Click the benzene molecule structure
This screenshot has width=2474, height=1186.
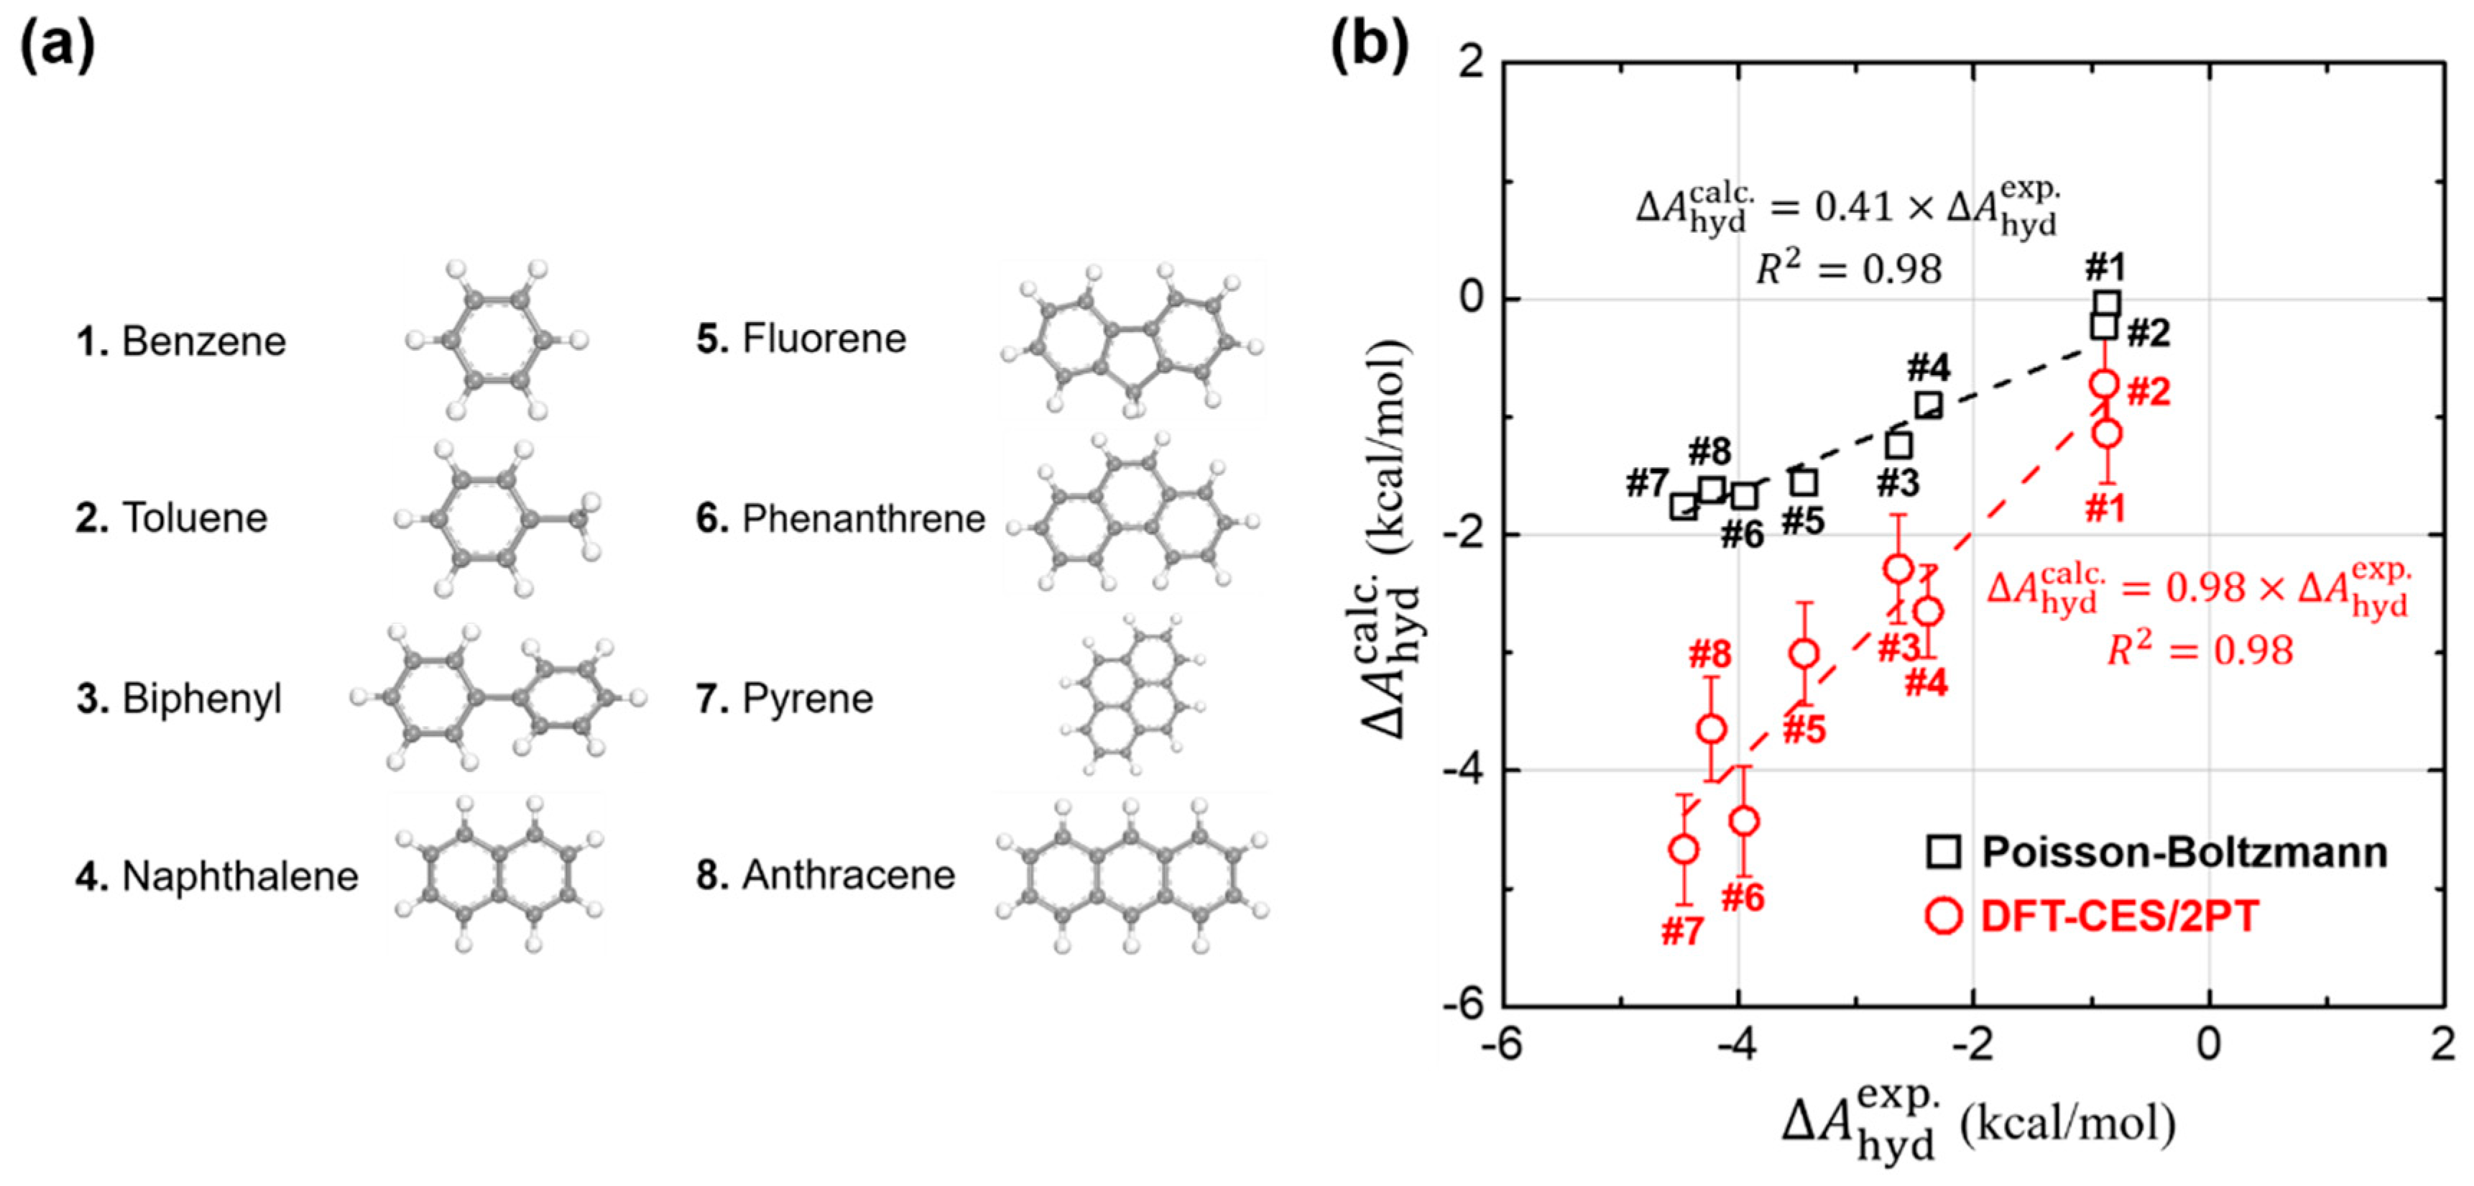click(497, 340)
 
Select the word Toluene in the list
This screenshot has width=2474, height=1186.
click(194, 518)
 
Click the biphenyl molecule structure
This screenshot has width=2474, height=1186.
click(497, 698)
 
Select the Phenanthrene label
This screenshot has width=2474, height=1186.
click(864, 518)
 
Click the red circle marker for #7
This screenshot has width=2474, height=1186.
click(1684, 849)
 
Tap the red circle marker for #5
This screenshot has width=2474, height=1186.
click(1804, 654)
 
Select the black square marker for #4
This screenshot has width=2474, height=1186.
click(1929, 405)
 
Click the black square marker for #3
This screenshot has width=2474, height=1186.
click(1898, 446)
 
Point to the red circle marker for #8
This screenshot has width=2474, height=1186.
click(1710, 729)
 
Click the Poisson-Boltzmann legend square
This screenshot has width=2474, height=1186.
click(1944, 852)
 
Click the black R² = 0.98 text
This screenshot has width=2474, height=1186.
click(1849, 270)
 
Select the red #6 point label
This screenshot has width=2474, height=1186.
click(1743, 898)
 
